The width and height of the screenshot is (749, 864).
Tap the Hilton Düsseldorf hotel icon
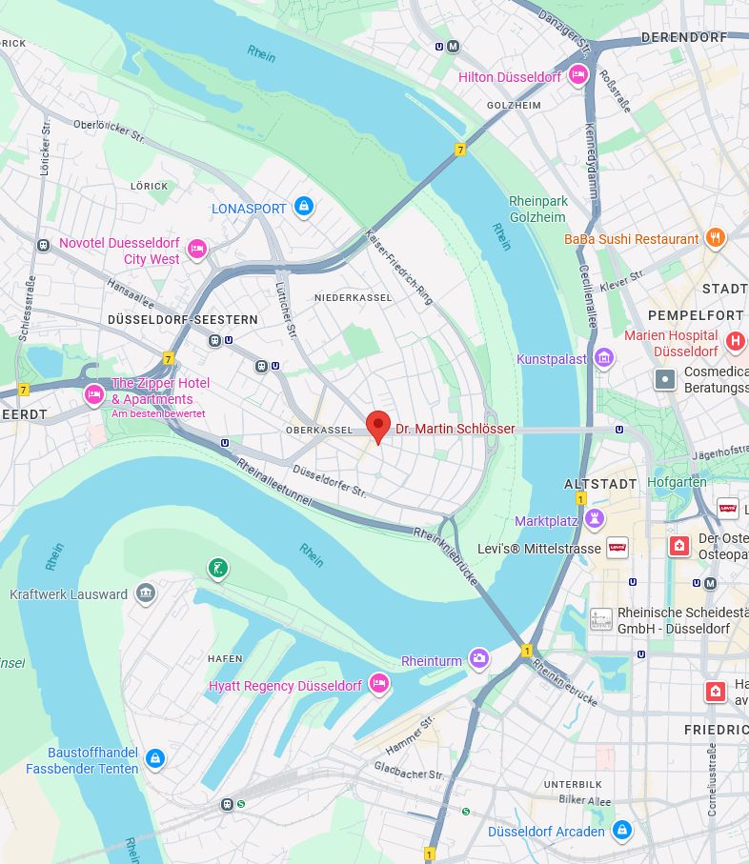(x=577, y=76)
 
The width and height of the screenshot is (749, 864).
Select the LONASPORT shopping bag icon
(x=303, y=207)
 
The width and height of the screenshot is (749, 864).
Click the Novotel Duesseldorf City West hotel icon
(x=197, y=250)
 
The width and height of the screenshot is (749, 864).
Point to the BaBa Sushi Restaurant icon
(x=716, y=238)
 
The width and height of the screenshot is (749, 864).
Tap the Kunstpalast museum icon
(x=603, y=358)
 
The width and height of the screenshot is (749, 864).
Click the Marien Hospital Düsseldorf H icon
(x=735, y=342)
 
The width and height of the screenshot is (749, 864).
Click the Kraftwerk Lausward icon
(x=145, y=593)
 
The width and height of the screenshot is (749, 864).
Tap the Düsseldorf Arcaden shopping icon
(x=622, y=831)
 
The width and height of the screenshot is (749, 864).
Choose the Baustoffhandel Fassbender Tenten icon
(x=155, y=759)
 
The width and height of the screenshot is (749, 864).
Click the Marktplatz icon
(x=596, y=520)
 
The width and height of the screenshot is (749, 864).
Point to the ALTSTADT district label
(x=600, y=484)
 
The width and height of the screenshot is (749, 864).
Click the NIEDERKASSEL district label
(x=354, y=298)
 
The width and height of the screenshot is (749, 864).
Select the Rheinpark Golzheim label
(x=538, y=209)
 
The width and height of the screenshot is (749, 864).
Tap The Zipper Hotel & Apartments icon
(x=93, y=394)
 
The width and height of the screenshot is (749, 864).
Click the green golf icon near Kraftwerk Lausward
(x=219, y=570)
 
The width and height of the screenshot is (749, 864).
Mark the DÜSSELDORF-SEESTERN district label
(x=183, y=320)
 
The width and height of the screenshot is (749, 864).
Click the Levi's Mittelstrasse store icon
(x=617, y=548)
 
